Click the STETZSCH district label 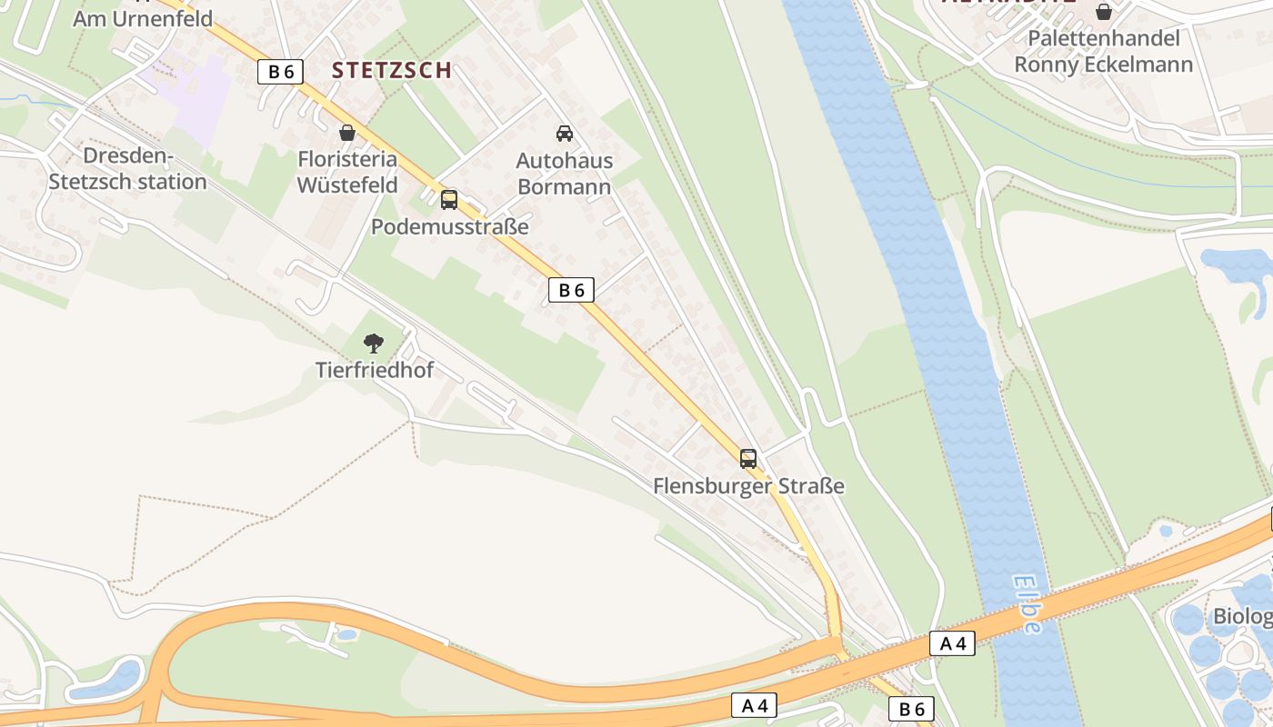click(391, 70)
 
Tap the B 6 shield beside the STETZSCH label click(280, 72)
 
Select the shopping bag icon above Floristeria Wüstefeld click(346, 133)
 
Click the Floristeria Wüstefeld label click(347, 172)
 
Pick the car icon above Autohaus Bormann click(564, 134)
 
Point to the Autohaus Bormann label click(564, 173)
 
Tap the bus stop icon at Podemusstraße click(449, 200)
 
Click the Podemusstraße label click(449, 226)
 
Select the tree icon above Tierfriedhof click(373, 344)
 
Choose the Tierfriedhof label click(374, 370)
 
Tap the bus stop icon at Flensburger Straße click(747, 459)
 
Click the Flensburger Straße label click(748, 486)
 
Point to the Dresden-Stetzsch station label click(127, 169)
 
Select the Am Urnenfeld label click(142, 18)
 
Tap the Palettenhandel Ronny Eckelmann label click(1103, 51)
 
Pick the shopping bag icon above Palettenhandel click(1103, 12)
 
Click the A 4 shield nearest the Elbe click(952, 644)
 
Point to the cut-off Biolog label click(1242, 617)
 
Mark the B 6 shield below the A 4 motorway click(911, 710)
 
